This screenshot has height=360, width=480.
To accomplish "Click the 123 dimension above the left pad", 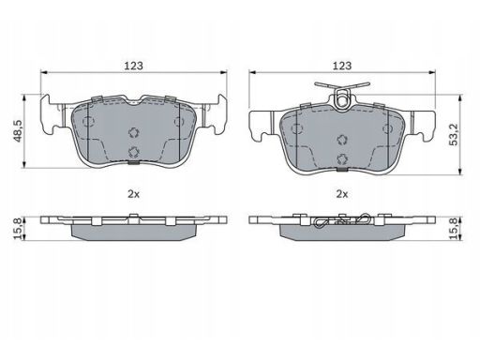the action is (134, 66).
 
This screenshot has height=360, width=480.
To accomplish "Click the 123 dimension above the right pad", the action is (342, 66).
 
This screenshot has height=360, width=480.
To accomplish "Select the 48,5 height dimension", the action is (18, 131).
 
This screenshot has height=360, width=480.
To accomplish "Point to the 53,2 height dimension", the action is (453, 134).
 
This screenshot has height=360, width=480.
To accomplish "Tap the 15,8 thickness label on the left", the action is (18, 229).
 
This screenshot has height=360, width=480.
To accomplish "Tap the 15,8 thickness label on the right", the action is (453, 229).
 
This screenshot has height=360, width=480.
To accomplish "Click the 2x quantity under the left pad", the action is (133, 194).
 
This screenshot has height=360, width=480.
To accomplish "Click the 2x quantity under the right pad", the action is (342, 194).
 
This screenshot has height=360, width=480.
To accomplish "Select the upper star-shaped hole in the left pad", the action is (134, 132).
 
